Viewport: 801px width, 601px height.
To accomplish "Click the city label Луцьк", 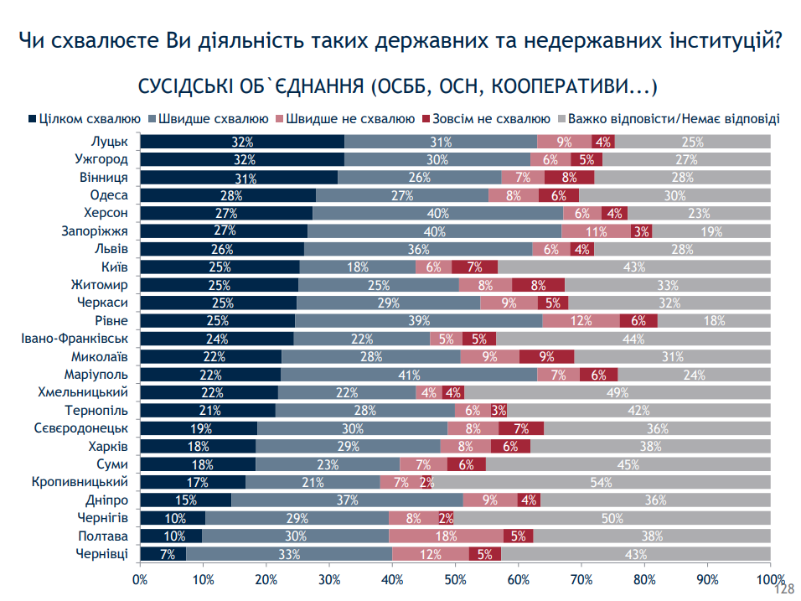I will tap(109, 142).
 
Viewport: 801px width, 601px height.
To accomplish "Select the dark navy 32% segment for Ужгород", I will tap(242, 159).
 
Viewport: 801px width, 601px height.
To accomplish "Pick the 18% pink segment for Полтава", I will tap(446, 536).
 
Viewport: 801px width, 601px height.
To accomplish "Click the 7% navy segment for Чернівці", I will tap(163, 554).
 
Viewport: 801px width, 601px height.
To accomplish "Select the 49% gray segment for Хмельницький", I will tap(618, 392).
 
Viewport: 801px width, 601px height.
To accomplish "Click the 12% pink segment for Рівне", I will tap(581, 321).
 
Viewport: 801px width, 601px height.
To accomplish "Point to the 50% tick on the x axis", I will tap(455, 578).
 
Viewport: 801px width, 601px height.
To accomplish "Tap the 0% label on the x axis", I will tap(140, 578).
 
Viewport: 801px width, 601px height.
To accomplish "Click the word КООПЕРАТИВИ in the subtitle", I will tap(563, 86).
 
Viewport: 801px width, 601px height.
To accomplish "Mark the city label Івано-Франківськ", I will tap(74, 339).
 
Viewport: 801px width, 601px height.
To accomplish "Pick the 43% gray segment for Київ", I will tap(634, 267).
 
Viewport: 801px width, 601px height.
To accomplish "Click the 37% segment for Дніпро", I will tap(347, 500).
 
